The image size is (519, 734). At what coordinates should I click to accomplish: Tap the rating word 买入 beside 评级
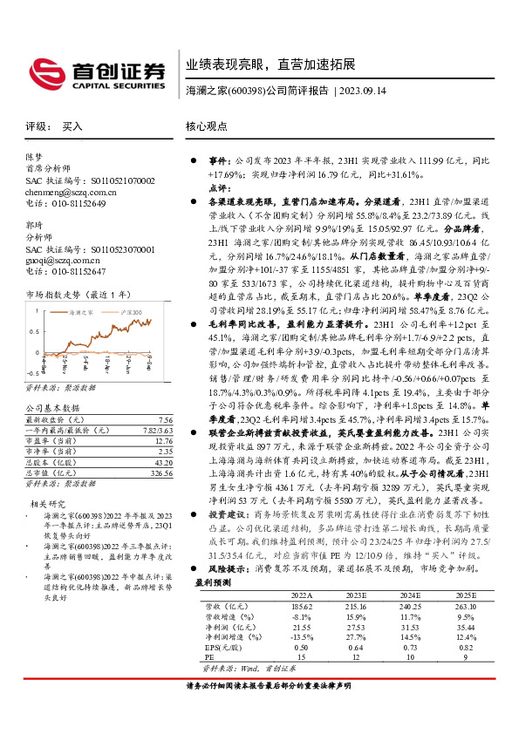[x=72, y=127]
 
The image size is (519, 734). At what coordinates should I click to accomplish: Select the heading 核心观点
[x=207, y=127]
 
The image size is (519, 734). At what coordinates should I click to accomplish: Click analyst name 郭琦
[x=34, y=225]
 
